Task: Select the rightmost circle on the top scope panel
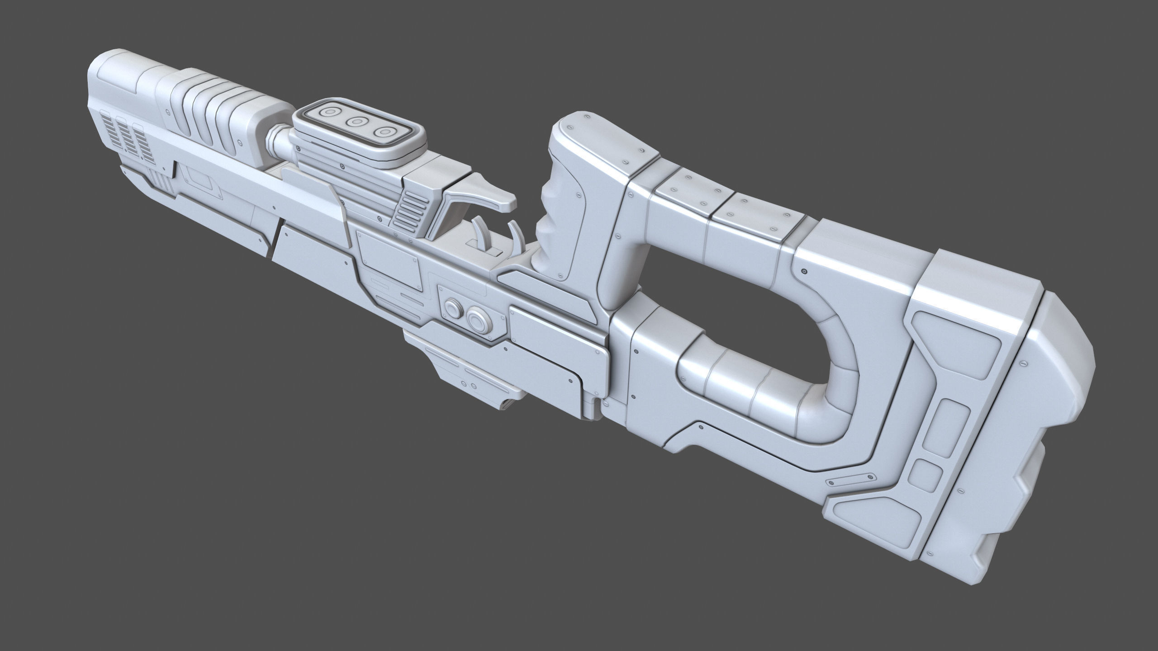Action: click(385, 132)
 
